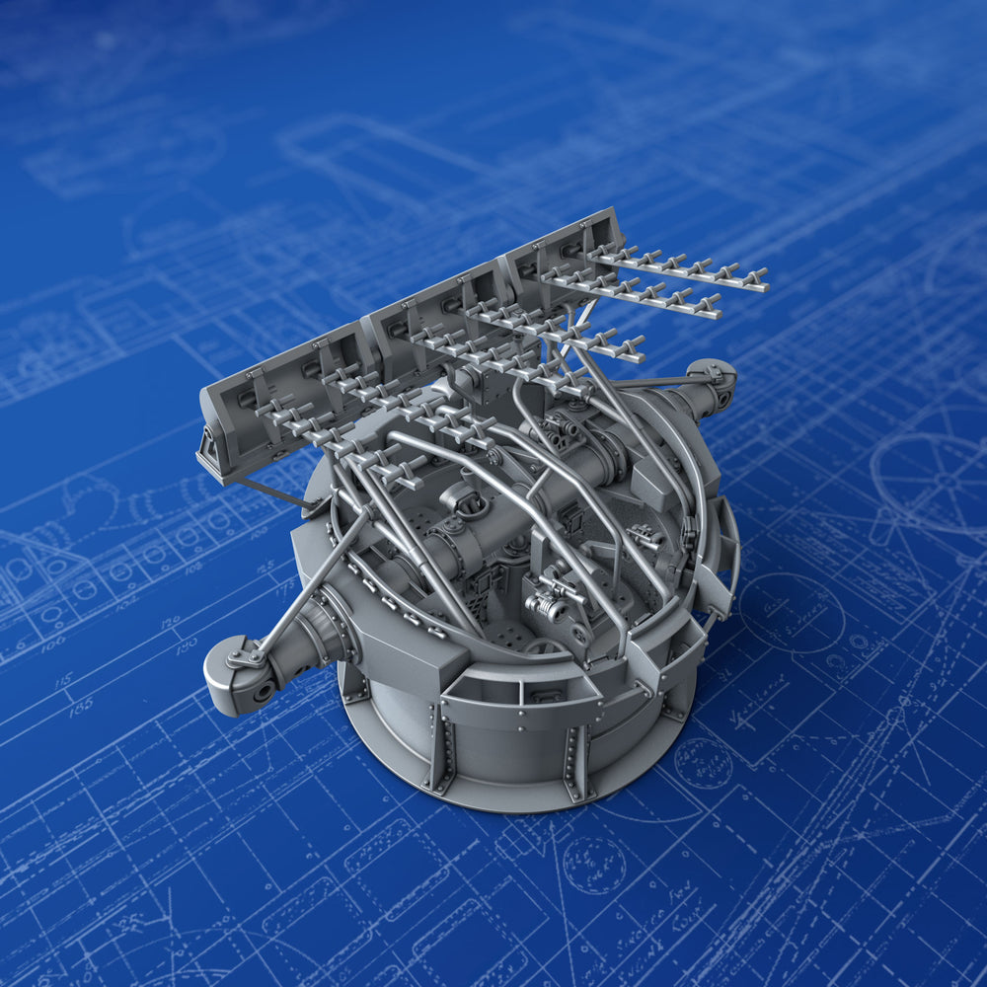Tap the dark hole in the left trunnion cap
pyautogui.click(x=263, y=690)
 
